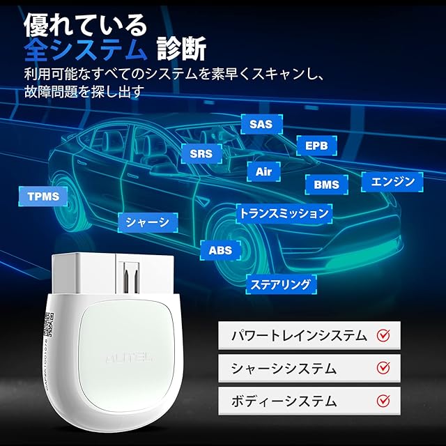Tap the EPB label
pos(316,146)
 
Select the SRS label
pos(201,153)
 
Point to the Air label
pos(263,171)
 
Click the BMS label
pos(326,185)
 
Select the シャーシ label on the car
pos(148,222)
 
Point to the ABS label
pos(220,249)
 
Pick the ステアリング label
pos(282,284)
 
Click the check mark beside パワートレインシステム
pos(383,335)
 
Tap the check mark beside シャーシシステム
pos(383,368)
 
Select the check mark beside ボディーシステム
pos(383,401)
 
